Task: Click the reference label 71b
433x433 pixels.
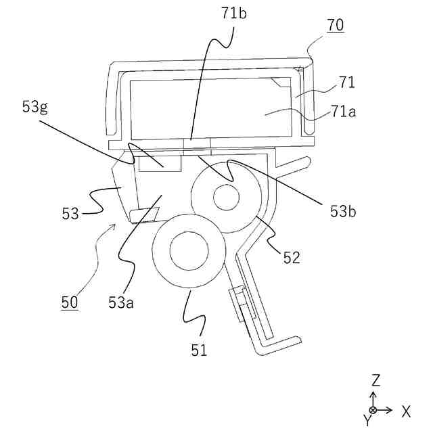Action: point(234,14)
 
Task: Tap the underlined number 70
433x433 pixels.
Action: point(336,25)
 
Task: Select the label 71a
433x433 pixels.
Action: point(344,112)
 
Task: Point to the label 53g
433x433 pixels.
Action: point(35,108)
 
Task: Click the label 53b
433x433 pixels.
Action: point(343,212)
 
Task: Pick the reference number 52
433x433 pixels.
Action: point(292,257)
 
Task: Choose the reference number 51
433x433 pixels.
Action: point(199,350)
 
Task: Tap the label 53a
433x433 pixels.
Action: point(121,302)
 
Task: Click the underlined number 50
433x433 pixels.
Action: point(69,302)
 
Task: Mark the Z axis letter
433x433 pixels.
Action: point(376,380)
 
